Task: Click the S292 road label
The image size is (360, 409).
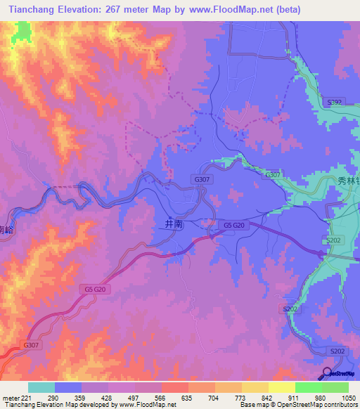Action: (x=334, y=103)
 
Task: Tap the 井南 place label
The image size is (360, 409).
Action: (x=174, y=224)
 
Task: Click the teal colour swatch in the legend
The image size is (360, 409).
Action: (x=41, y=387)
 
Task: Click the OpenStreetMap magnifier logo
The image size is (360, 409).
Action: (x=326, y=372)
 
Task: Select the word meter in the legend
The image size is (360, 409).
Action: (x=11, y=397)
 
